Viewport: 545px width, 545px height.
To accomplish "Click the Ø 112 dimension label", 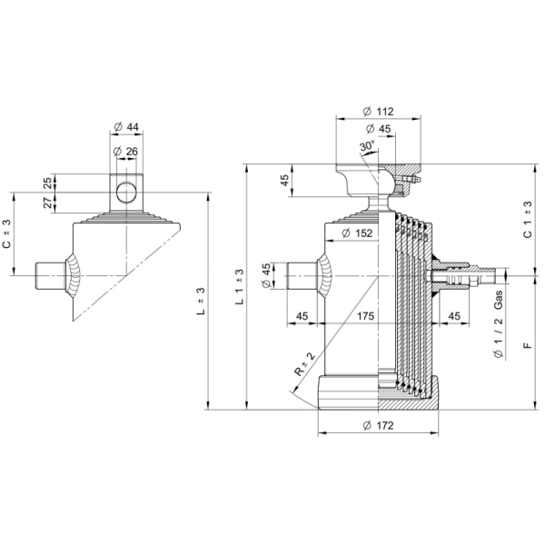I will (376, 111).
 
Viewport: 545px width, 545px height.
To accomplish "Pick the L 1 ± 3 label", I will (239, 287).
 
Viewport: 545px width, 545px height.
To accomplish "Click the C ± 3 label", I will (6, 236).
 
